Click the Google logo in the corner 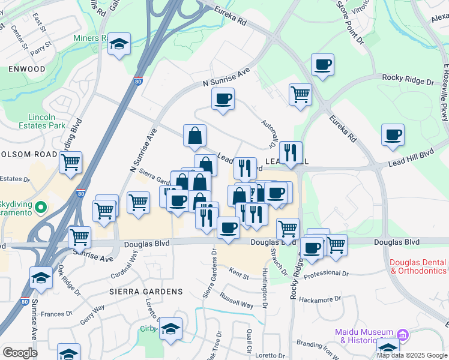pyautogui.click(x=20, y=353)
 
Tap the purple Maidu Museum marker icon pyautogui.click(x=403, y=334)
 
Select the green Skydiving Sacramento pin pyautogui.click(x=41, y=208)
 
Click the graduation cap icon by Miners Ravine pyautogui.click(x=119, y=44)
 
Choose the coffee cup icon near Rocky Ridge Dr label pyautogui.click(x=322, y=64)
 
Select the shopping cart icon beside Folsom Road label pyautogui.click(x=71, y=161)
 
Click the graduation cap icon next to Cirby pyautogui.click(x=170, y=328)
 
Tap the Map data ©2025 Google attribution pyautogui.click(x=412, y=355)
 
